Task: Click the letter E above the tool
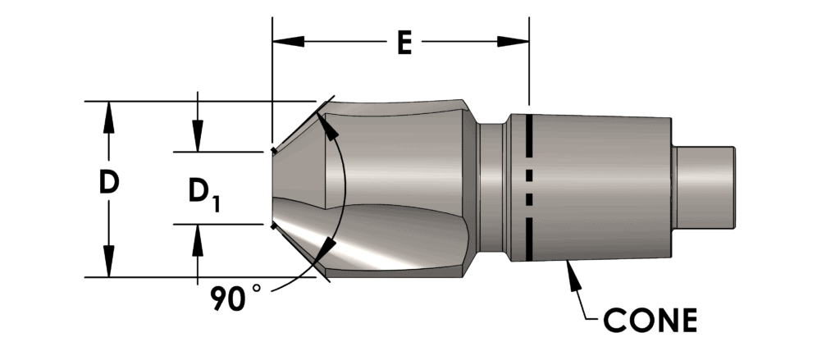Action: point(403,42)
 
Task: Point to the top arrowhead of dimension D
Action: point(107,116)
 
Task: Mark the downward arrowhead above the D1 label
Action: point(197,136)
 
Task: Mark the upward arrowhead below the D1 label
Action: point(197,239)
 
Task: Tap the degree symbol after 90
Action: point(256,289)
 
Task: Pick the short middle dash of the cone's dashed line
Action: point(530,175)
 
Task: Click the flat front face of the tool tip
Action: point(274,188)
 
